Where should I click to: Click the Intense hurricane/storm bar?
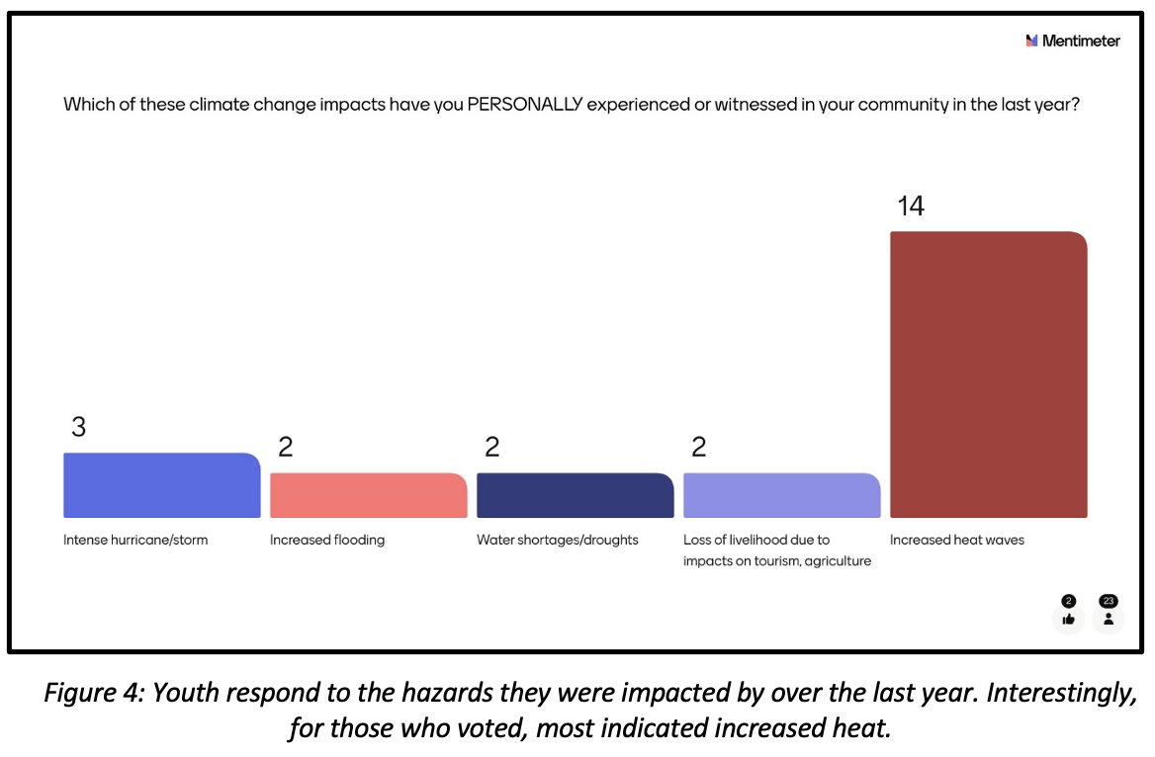pos(161,485)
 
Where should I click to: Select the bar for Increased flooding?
pos(368,495)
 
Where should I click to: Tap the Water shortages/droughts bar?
pos(575,495)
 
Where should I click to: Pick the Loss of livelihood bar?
pos(781,495)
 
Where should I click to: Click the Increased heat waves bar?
pos(988,375)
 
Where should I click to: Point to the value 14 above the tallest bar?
pos(910,207)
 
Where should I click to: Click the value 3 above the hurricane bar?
pos(78,427)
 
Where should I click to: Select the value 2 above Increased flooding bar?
pos(285,448)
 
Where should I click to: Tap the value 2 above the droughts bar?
pos(491,448)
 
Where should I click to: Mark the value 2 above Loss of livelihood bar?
pos(698,448)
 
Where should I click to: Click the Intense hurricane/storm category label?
pos(135,541)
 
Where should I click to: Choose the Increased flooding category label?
pos(327,541)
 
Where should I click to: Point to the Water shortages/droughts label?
pos(557,541)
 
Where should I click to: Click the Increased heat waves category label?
pos(956,541)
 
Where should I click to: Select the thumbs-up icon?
pos(1068,619)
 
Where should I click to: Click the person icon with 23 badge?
pos(1109,619)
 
